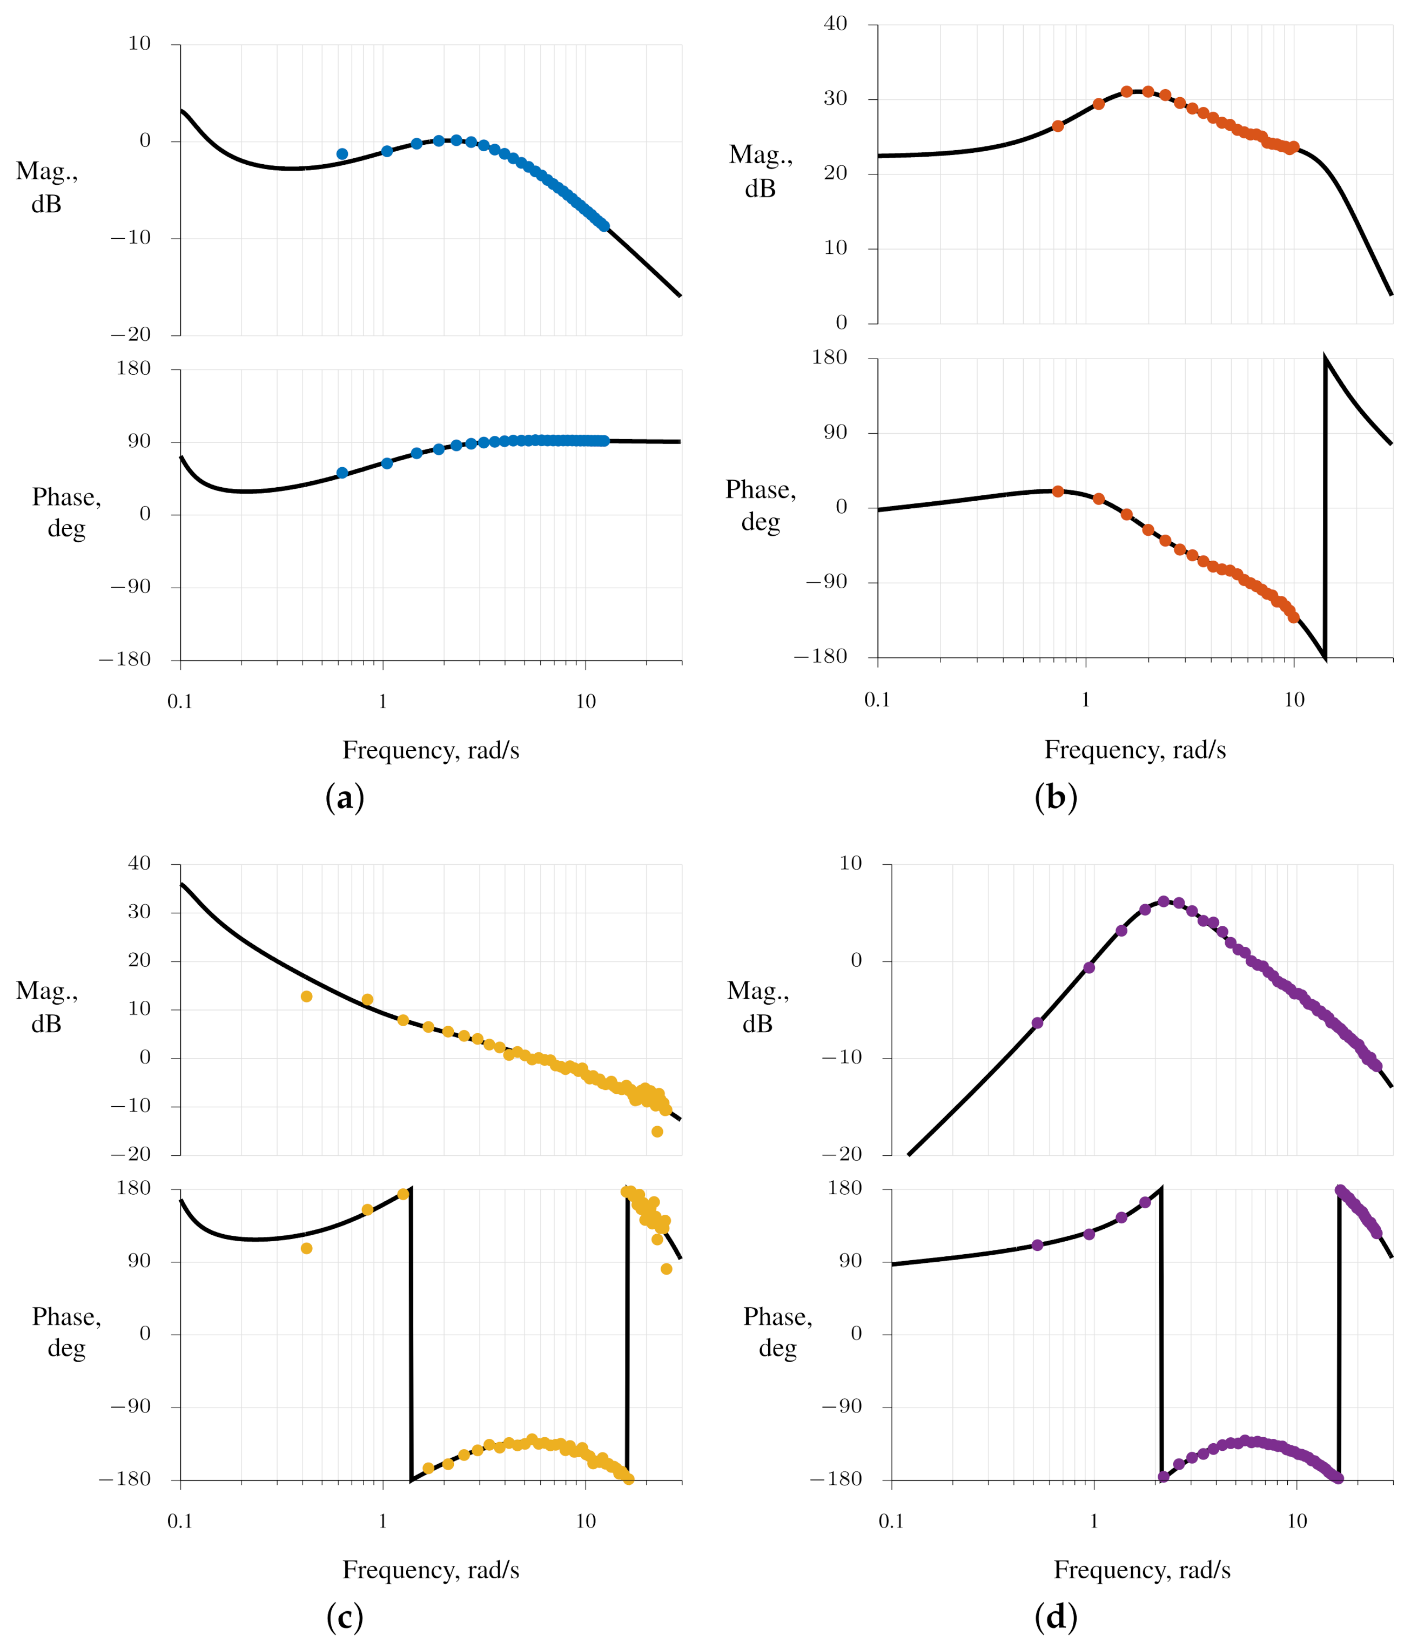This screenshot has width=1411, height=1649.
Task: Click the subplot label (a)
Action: coord(345,797)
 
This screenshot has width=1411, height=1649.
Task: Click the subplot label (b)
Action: coord(1055,797)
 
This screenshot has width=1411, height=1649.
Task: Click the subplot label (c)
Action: coord(345,1617)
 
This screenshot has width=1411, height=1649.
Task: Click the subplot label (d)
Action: coord(1055,1617)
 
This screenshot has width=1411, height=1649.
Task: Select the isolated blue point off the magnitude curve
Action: coord(342,153)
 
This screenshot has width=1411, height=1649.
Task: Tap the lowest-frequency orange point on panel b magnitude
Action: coord(1058,126)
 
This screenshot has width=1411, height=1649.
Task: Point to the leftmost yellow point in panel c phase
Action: coord(306,1248)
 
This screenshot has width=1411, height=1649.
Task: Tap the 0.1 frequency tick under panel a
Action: coord(180,701)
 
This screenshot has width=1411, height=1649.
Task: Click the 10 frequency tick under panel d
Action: coord(1297,1521)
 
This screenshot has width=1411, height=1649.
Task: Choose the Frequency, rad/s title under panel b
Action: coord(1135,750)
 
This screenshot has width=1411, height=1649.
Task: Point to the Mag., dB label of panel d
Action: coord(757,1007)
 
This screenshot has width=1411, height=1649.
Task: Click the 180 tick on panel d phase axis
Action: coord(845,1188)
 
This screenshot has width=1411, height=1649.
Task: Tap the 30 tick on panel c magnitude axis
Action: coord(139,911)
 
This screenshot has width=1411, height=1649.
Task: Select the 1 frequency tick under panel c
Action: coord(383,1521)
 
